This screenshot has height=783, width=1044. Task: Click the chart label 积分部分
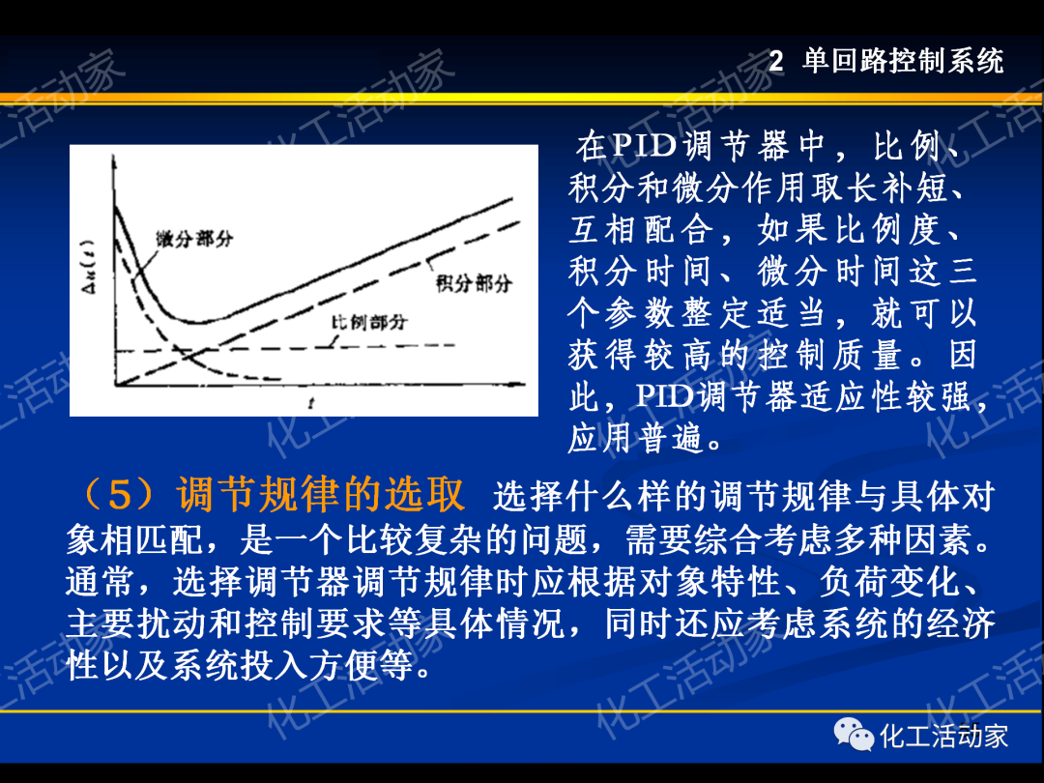(474, 284)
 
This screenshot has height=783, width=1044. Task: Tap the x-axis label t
(309, 405)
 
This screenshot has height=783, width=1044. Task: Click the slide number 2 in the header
(775, 62)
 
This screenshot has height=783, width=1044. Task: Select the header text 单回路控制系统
(904, 62)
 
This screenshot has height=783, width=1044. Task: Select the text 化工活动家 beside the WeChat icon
(943, 737)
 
